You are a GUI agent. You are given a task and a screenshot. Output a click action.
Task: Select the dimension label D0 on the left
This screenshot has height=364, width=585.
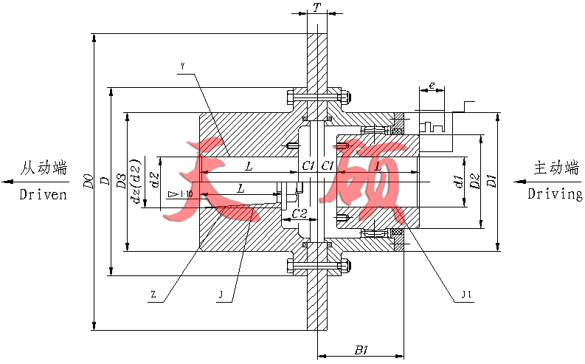coord(89,182)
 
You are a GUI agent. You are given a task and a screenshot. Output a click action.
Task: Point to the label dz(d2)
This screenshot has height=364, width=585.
coord(135,182)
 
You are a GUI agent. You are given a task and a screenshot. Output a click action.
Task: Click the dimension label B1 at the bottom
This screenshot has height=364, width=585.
coord(361,350)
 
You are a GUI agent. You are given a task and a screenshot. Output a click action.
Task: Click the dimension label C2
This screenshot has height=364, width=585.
coord(300,213)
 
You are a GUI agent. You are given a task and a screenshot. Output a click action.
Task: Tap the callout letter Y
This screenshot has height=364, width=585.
coord(182,67)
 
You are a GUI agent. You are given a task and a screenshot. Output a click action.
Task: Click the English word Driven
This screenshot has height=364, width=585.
coord(43,195)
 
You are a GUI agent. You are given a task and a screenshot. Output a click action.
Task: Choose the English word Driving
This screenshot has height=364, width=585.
coord(555,194)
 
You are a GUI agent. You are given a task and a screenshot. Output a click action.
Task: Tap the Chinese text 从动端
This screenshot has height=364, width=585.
coord(44,168)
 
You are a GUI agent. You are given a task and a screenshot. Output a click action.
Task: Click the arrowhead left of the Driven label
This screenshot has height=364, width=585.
coord(7,181)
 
